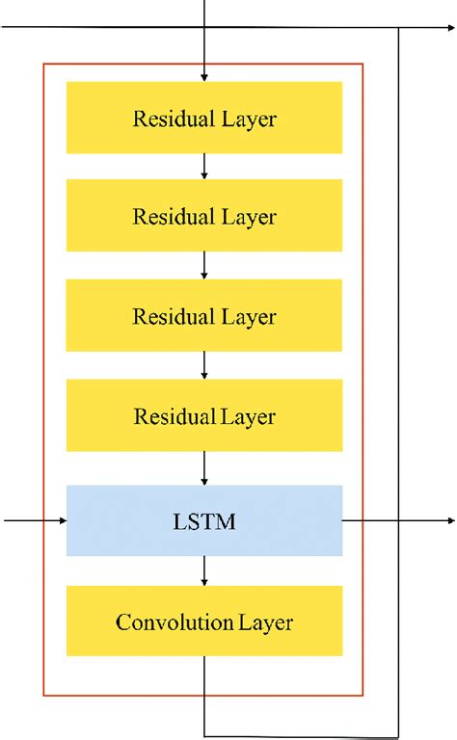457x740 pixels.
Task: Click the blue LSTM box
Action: pos(204,521)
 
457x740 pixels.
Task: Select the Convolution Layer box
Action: pos(204,621)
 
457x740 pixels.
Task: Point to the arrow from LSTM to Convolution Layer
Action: pos(204,571)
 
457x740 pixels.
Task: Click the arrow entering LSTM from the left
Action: pos(35,521)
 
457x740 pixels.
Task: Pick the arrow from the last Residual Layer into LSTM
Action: pos(204,470)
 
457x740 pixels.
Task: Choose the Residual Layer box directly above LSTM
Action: pos(204,416)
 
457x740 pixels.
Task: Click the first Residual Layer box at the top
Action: pos(204,118)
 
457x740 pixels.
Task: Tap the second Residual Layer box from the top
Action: pos(204,217)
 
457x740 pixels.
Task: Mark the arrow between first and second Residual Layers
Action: pos(204,167)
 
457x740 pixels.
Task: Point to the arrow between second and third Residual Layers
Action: pos(204,266)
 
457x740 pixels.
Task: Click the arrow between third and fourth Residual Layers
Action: pos(204,366)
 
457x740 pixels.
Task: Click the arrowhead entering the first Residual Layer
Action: pos(204,75)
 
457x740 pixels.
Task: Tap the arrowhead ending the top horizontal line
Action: pos(450,27)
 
